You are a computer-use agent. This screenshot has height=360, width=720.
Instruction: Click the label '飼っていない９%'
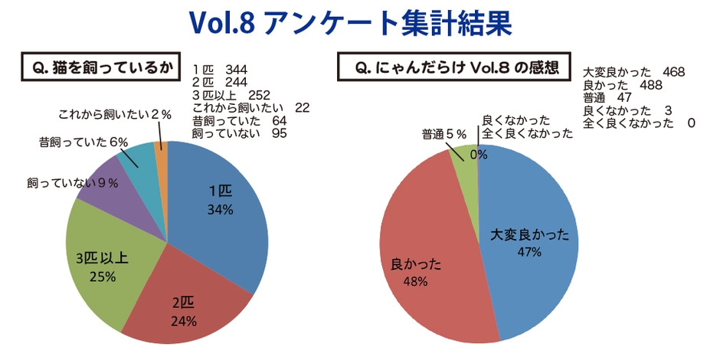pyautogui.click(x=73, y=182)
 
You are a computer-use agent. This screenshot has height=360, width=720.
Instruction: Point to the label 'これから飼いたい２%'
pyautogui.click(x=114, y=114)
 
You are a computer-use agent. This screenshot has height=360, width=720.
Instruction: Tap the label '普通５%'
pyautogui.click(x=444, y=134)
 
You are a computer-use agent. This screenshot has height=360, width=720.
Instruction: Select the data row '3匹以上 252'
pyautogui.click(x=230, y=96)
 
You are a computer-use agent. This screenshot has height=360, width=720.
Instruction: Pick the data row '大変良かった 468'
pyautogui.click(x=633, y=73)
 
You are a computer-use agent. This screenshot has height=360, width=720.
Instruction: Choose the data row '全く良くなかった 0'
pyautogui.click(x=639, y=123)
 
